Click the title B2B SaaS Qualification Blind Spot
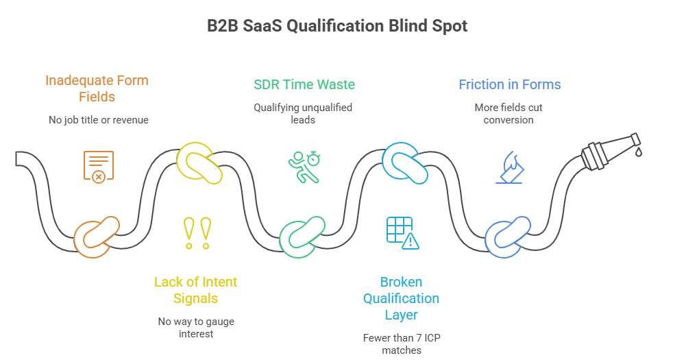336,26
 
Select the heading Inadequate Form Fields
97,88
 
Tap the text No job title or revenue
97,120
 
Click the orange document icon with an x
98,166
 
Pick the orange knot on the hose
97,237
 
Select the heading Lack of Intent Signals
195,290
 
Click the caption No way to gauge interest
195,327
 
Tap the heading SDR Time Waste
304,84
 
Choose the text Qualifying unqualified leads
304,113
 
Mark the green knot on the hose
302,236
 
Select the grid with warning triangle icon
402,232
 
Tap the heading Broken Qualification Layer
401,298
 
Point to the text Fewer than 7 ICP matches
401,344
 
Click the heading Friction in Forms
509,84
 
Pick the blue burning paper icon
509,168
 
